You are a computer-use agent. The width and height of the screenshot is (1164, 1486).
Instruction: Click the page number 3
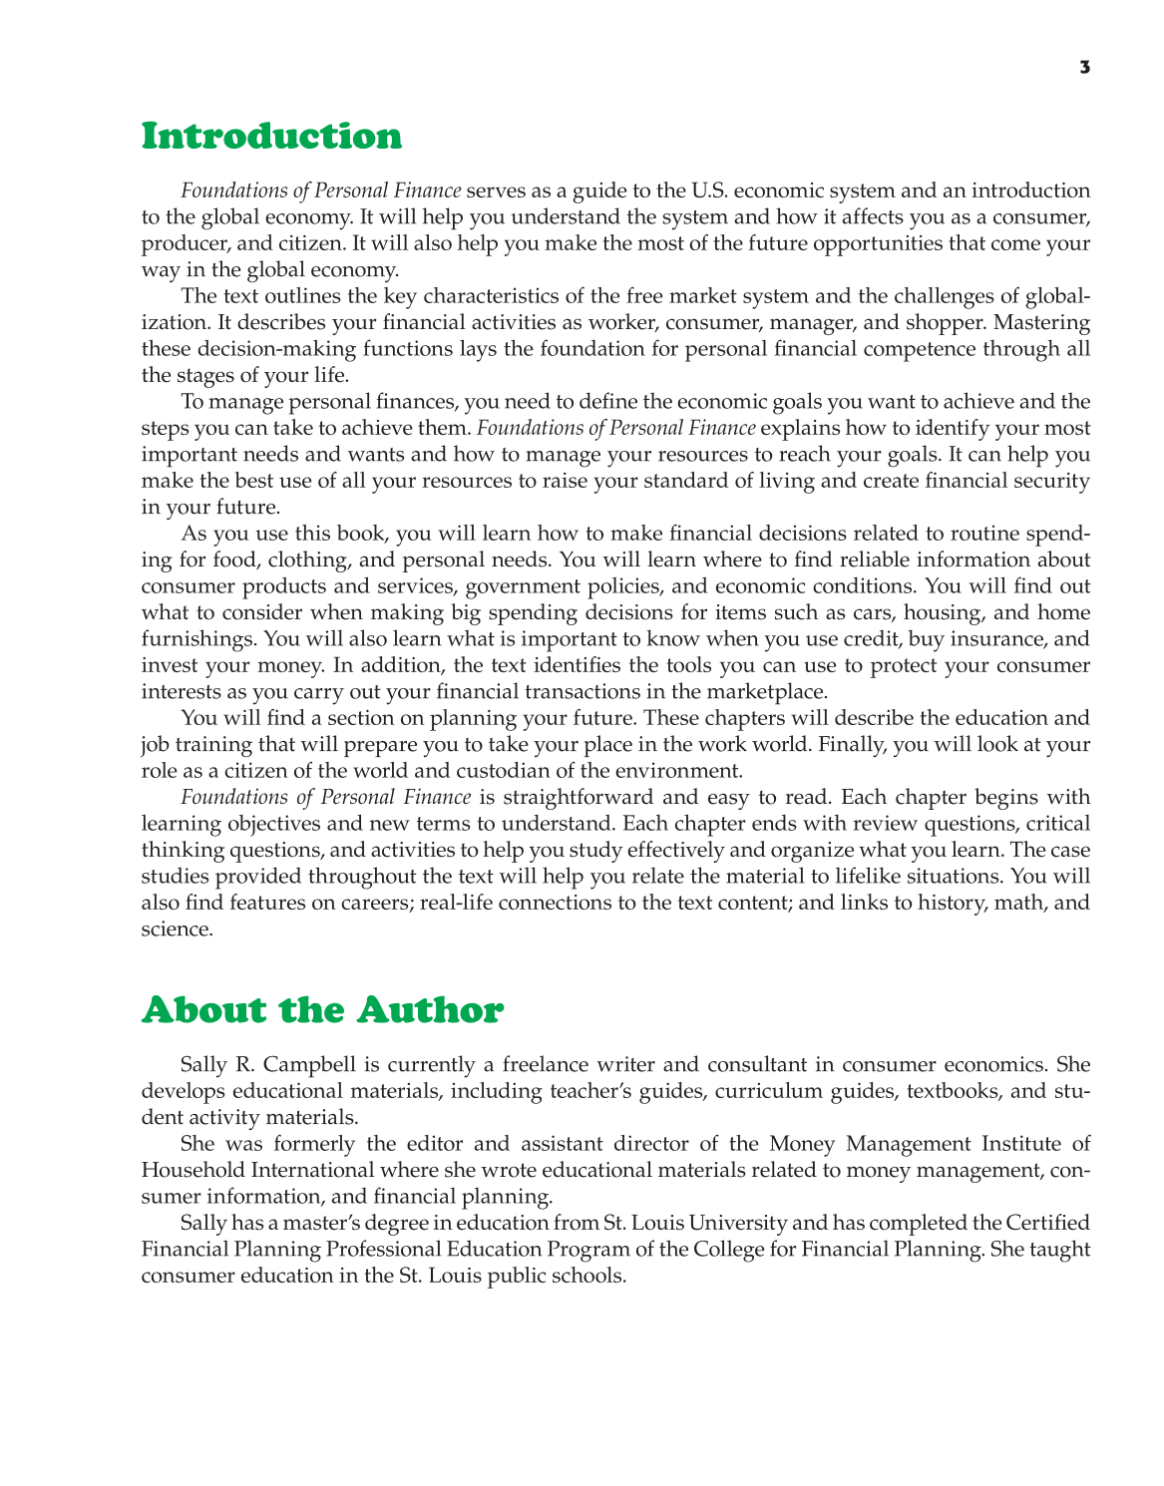1084,68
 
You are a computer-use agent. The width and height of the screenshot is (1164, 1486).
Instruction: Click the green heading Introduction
271,137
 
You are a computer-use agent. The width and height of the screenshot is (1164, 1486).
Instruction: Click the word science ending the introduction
177,929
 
